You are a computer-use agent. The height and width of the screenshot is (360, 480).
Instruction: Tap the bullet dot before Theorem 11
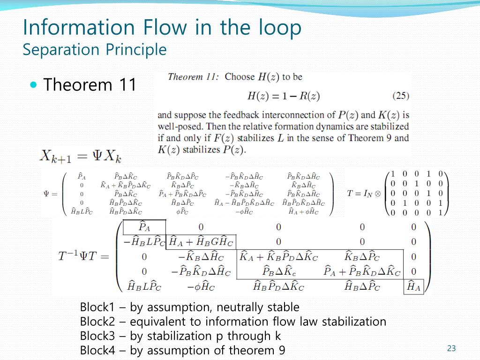click(33, 85)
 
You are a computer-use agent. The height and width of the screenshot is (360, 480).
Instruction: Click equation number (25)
click(401, 96)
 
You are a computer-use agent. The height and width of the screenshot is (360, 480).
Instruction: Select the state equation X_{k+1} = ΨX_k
click(81, 156)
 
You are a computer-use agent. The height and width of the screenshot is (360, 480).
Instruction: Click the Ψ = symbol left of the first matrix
click(50, 194)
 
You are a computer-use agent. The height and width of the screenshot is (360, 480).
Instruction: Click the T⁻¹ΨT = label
click(83, 256)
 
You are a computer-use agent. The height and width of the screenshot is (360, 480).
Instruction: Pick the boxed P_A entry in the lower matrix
click(144, 227)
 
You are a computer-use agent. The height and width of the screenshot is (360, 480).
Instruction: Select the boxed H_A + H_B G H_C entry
click(201, 242)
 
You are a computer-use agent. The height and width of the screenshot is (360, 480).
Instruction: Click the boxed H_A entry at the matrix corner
click(413, 285)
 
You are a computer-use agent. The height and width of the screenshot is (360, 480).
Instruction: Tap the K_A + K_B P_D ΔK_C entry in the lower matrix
click(278, 257)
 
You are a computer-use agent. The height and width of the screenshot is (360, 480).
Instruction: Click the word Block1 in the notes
click(97, 307)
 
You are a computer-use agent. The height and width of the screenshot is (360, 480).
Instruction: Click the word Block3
click(97, 336)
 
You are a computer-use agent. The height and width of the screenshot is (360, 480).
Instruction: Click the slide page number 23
click(451, 348)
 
